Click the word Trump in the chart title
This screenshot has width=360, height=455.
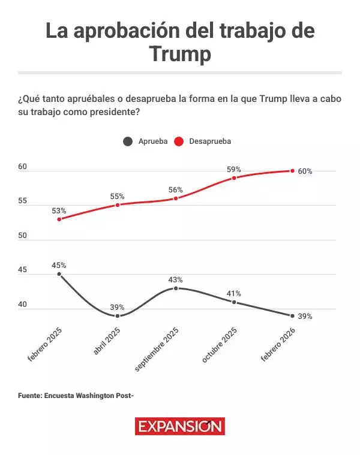(x=180, y=54)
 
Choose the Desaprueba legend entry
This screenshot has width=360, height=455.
(x=203, y=141)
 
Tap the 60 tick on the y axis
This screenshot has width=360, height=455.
(x=23, y=167)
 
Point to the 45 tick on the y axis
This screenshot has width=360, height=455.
(x=23, y=270)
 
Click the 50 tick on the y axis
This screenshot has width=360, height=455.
(x=23, y=236)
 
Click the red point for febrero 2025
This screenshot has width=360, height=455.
(x=59, y=219)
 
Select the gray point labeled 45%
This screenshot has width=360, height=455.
(x=59, y=274)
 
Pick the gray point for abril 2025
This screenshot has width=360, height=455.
(x=118, y=316)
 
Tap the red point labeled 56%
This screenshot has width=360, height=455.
(x=176, y=198)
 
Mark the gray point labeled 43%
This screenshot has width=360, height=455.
(x=176, y=288)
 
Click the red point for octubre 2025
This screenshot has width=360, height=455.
(x=234, y=178)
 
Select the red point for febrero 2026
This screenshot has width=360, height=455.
(x=292, y=171)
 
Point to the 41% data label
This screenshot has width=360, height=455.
(x=234, y=294)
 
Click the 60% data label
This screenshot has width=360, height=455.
(x=305, y=171)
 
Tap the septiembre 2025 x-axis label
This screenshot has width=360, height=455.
(x=158, y=349)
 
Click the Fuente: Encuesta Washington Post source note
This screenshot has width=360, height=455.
(x=74, y=396)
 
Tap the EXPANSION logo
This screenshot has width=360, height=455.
(x=180, y=427)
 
